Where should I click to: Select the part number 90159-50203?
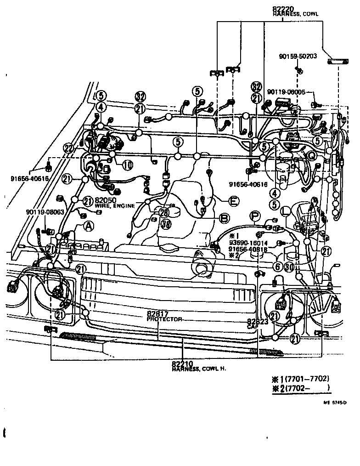point(297,57)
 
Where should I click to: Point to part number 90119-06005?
point(286,92)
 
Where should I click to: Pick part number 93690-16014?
point(247,243)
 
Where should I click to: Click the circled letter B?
point(224,218)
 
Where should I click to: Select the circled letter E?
point(233,200)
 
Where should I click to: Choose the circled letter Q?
point(311,155)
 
